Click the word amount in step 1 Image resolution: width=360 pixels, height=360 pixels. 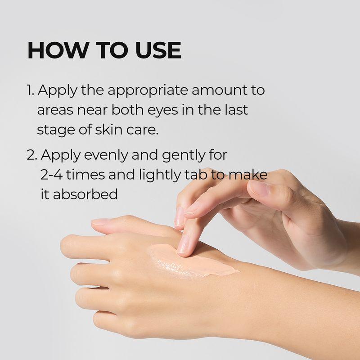(x=215, y=90)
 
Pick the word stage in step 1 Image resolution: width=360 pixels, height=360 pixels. (x=51, y=130)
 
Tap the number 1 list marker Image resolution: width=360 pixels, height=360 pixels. (x=30, y=90)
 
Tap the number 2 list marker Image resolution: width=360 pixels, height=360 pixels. (x=31, y=155)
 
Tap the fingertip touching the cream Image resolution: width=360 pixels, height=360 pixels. (x=184, y=248)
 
